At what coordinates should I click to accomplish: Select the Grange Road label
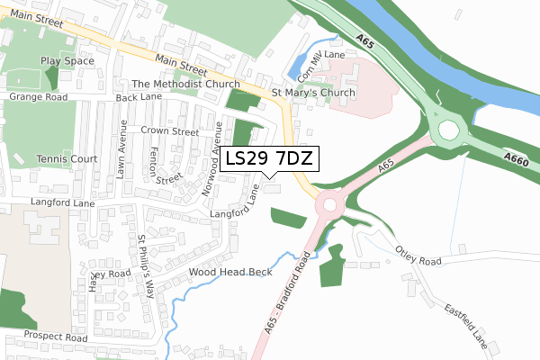(x=38, y=95)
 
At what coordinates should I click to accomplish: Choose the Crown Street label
(x=169, y=131)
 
